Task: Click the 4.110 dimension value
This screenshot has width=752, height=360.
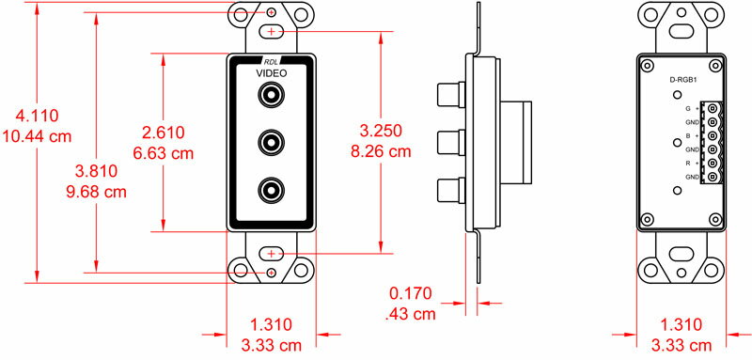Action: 37,116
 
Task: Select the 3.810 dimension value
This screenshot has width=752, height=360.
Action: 97,171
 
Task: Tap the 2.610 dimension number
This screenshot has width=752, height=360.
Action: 164,133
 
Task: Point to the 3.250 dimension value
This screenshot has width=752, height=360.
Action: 381,131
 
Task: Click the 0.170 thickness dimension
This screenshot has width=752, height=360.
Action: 411,293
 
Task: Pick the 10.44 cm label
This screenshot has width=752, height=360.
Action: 37,136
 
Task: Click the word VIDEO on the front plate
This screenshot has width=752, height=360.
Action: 271,73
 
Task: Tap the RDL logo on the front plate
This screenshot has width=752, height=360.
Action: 271,61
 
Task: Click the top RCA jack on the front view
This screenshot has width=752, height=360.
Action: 271,95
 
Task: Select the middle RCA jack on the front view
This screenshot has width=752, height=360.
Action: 271,142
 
